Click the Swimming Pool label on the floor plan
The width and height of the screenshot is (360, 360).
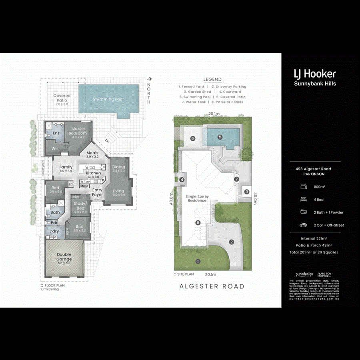point(108,99)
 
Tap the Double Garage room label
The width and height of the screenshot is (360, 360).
point(64,257)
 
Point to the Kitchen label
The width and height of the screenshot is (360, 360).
point(93,173)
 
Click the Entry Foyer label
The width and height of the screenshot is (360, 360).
point(98,192)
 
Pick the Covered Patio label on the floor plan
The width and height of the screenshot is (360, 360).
point(62,98)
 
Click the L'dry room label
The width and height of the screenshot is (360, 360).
point(54,231)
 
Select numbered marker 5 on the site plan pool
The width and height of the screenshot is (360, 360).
point(220,137)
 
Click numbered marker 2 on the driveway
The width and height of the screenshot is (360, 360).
point(231,242)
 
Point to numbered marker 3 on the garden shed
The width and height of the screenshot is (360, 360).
point(247,192)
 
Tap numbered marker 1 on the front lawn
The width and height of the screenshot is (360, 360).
point(197,261)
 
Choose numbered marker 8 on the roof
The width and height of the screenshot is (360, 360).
point(197,223)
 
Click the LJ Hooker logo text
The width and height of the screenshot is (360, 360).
point(315,74)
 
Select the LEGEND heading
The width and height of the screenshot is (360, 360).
point(212,80)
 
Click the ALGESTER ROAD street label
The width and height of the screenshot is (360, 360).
point(212,286)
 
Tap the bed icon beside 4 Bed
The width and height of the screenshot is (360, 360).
point(303,199)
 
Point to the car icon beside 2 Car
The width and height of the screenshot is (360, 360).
point(303,225)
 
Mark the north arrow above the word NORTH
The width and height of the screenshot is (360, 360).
point(150,79)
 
